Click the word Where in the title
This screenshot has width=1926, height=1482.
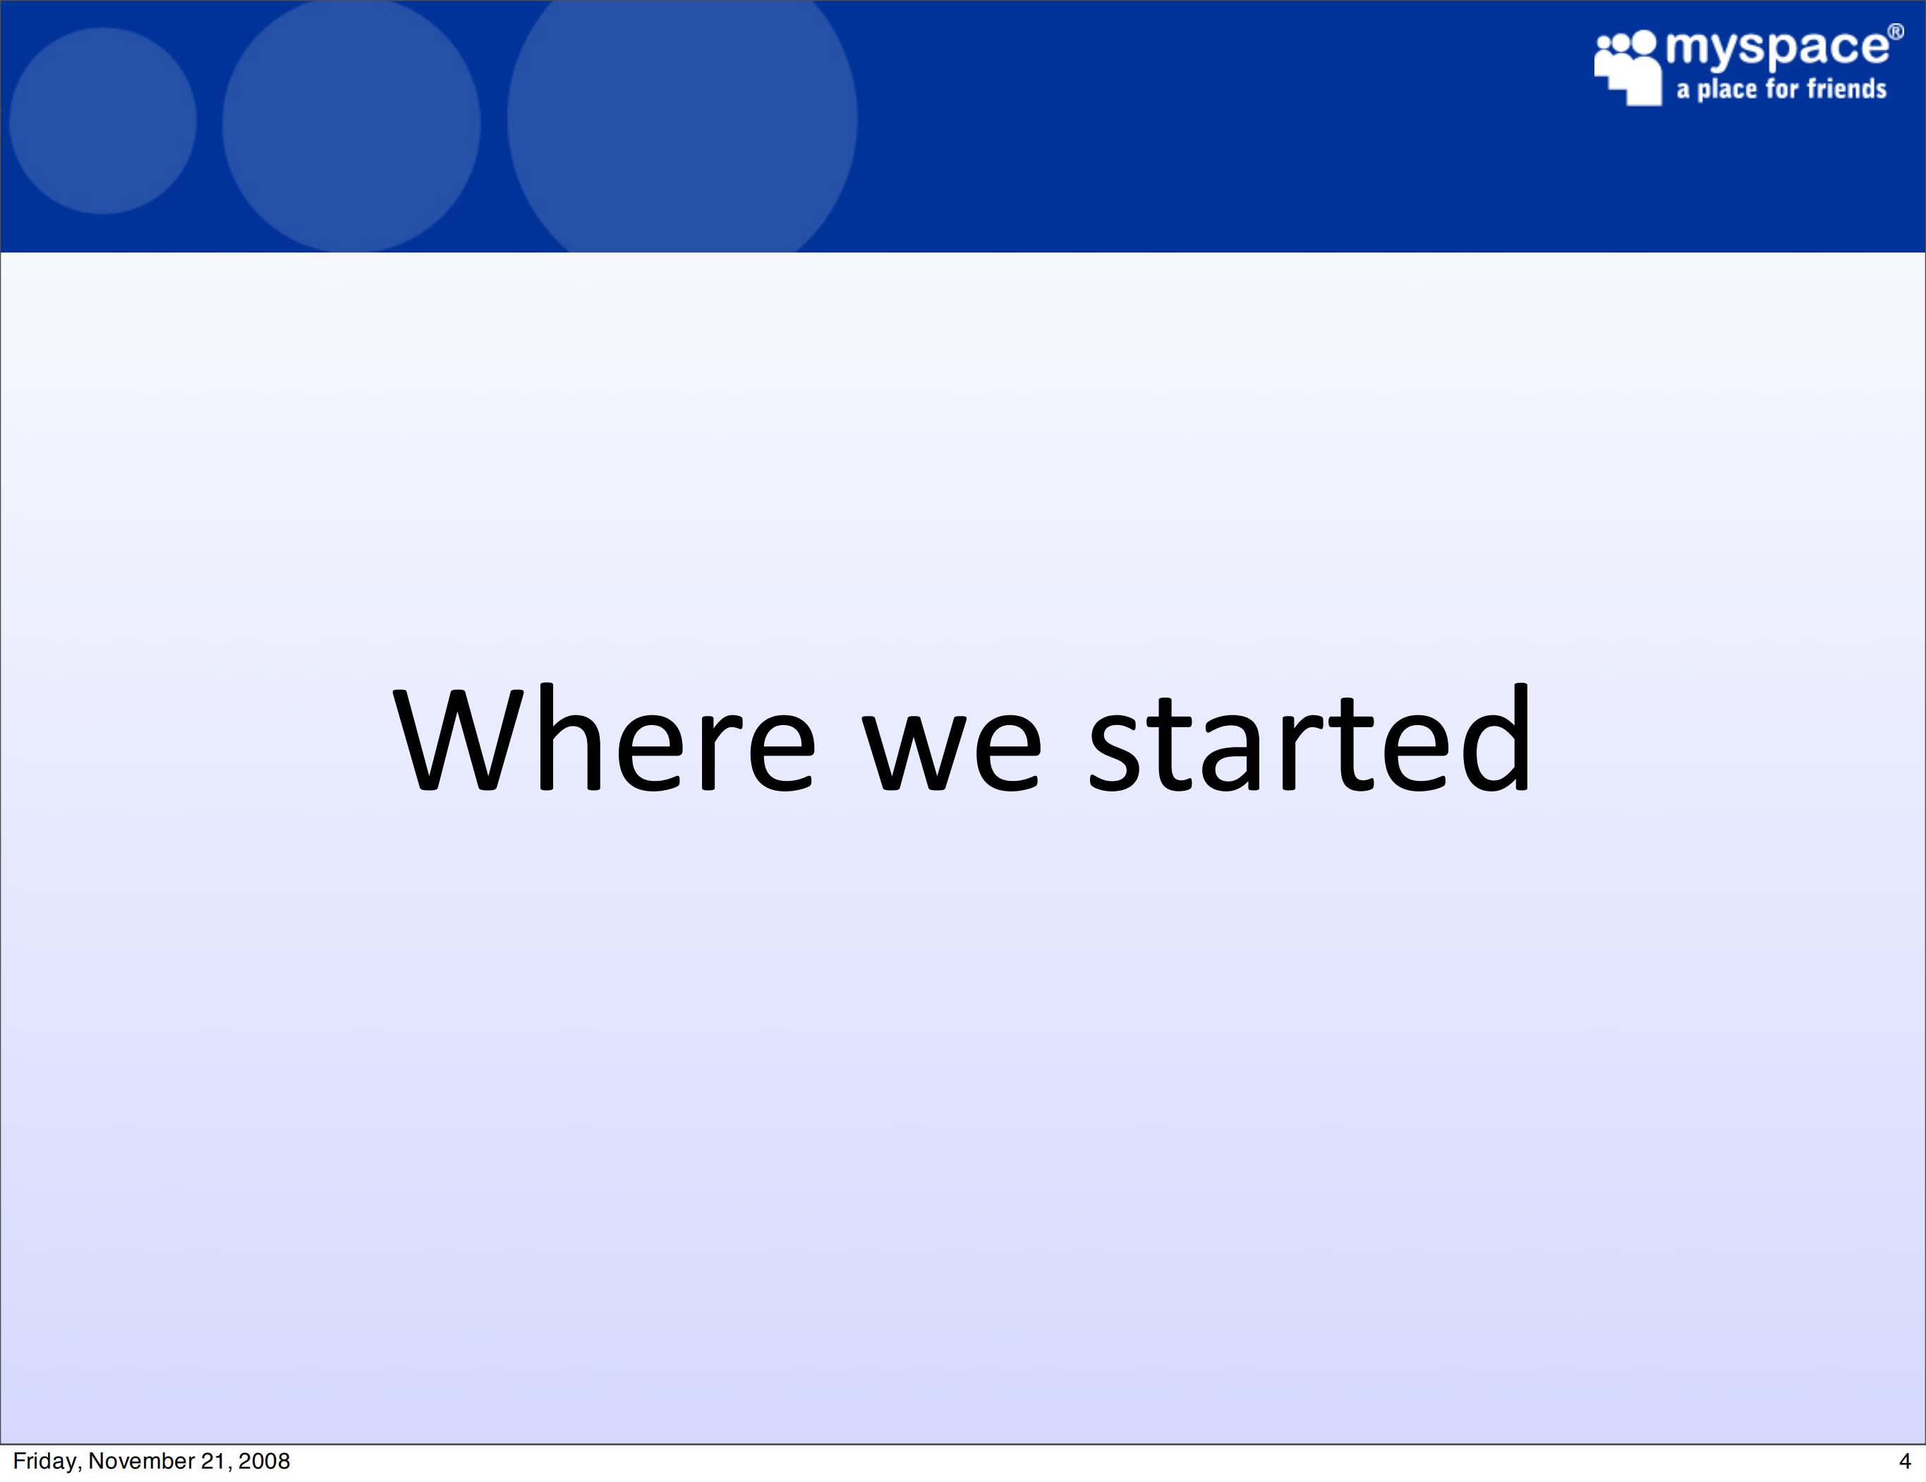(x=604, y=737)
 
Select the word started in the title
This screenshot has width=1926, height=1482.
(x=1311, y=737)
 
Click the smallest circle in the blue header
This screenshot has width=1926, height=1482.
(x=103, y=121)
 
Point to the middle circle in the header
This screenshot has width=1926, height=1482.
(x=351, y=125)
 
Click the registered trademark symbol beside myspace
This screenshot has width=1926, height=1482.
(x=1895, y=32)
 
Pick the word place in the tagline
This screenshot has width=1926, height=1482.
(x=1728, y=90)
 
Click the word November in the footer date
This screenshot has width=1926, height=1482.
(x=141, y=1461)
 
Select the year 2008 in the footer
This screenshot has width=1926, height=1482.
(x=264, y=1461)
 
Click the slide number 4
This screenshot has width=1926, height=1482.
(x=1905, y=1461)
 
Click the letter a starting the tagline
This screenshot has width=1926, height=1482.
(x=1683, y=92)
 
